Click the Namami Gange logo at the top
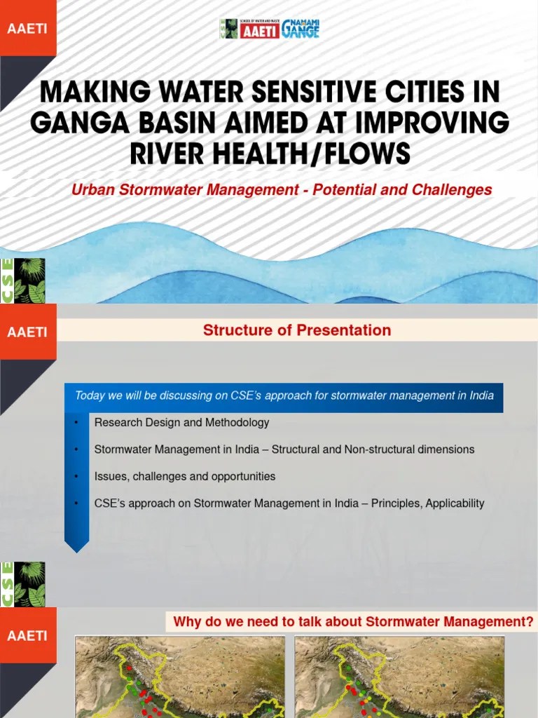click(x=301, y=29)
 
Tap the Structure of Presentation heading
click(x=297, y=330)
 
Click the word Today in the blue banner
click(x=89, y=395)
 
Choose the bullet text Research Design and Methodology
click(x=181, y=423)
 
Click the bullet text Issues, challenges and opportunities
click(x=185, y=477)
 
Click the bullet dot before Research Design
click(x=75, y=423)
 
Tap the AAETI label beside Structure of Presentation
click(x=27, y=332)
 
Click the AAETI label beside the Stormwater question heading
click(x=27, y=636)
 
